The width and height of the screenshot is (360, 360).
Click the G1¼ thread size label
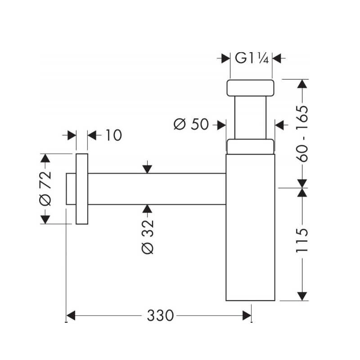252,58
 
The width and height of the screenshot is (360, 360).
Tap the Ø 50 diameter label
191,124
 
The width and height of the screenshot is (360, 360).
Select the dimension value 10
114,135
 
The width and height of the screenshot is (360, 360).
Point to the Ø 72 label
45,188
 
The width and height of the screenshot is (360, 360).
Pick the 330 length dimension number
160,315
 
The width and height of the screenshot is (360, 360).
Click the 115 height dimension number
301,240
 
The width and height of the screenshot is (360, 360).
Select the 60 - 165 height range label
301,134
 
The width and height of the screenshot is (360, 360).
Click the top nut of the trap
250,88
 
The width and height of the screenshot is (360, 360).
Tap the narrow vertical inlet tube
250,117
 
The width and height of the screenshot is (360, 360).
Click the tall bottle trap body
250,227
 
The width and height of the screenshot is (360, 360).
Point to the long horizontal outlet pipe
157,189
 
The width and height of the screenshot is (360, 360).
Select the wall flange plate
82,189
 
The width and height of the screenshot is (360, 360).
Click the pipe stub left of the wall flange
71,189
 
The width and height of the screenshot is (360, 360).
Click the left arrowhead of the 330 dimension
71,315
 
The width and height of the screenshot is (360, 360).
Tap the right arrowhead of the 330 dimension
247,315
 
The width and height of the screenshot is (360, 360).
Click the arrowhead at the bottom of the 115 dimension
302,296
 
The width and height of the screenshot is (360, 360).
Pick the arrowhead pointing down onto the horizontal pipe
147,169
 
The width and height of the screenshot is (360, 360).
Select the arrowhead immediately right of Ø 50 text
221,125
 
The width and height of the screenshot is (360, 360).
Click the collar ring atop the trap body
250,147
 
